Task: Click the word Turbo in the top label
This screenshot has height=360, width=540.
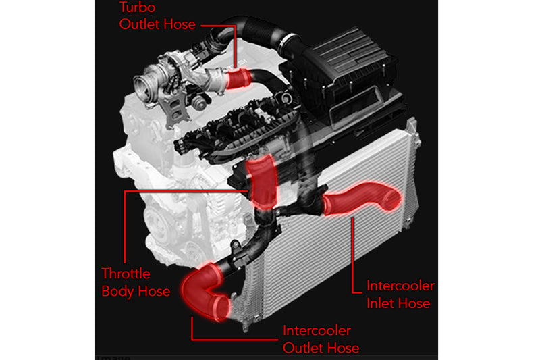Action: tap(136, 8)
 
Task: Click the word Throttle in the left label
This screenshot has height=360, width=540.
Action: tap(126, 274)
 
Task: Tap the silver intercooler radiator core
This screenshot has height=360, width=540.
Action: tap(337, 270)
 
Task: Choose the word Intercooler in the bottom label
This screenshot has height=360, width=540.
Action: tap(317, 331)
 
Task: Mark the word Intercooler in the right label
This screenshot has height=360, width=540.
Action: tap(400, 286)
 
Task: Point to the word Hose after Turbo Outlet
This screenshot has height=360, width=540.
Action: tap(180, 25)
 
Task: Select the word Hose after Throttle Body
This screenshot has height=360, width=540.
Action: tap(152, 291)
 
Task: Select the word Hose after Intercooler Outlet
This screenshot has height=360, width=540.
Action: tap(342, 348)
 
